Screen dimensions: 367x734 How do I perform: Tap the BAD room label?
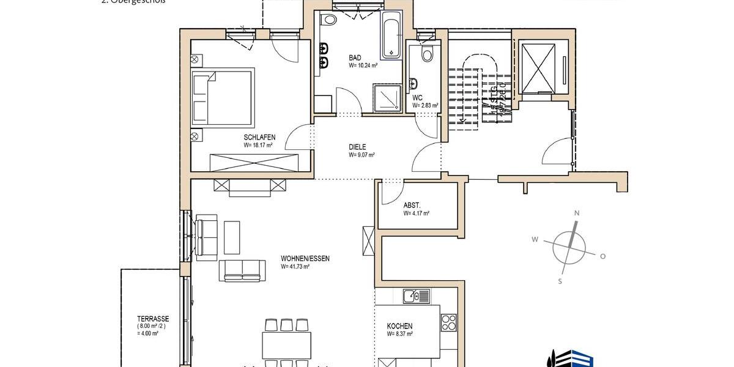point(355,57)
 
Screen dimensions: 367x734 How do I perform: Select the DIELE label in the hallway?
point(357,147)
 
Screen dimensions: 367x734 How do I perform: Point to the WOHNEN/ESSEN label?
point(305,259)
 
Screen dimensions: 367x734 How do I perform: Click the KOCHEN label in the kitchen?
point(399,326)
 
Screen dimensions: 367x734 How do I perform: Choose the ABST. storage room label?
point(412,206)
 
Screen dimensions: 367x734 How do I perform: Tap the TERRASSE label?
point(153,319)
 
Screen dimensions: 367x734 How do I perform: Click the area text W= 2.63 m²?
point(425,105)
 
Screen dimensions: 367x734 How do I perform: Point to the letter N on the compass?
point(576,213)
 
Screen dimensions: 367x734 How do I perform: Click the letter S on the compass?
point(560,281)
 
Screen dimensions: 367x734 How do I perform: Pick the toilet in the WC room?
point(427,54)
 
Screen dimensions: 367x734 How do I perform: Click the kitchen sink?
point(417,297)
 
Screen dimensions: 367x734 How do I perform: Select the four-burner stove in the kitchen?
point(448,322)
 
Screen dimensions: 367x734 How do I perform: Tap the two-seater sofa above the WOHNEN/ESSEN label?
point(243,270)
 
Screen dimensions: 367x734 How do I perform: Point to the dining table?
point(286,345)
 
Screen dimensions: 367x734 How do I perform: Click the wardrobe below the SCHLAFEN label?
point(253,162)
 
